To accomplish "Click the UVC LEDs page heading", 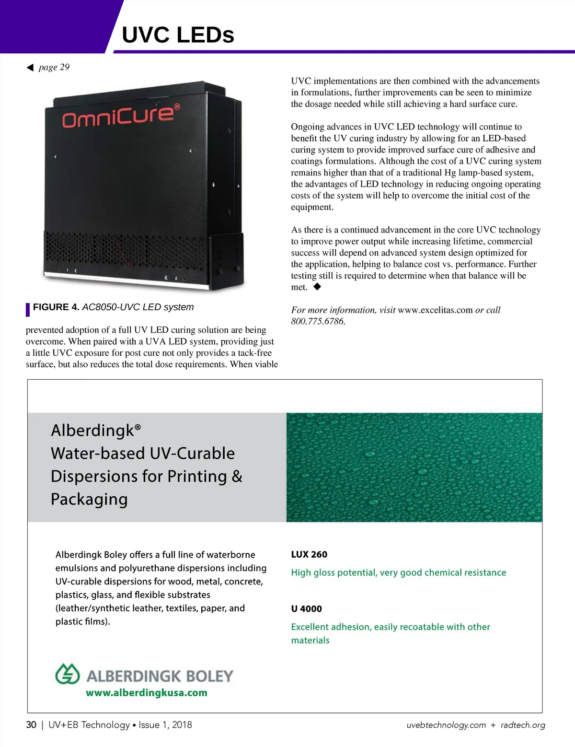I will tap(178, 35).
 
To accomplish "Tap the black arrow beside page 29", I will tap(30, 68).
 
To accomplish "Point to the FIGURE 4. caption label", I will tap(56, 307).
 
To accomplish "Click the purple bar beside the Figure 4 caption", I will tap(28, 310).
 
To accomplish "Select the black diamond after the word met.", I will tap(317, 287).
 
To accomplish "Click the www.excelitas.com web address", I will tap(435, 310).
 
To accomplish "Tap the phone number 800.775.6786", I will tap(318, 322).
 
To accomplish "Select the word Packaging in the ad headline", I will tap(90, 499).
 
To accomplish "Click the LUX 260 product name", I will tap(309, 555).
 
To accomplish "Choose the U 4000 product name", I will tap(306, 609).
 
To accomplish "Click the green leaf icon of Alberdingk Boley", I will tap(67, 674).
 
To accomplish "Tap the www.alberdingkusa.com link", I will tap(147, 693).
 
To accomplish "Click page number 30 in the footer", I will tap(31, 725).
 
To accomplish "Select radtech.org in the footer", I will tap(523, 725).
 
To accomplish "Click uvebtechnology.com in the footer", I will tap(446, 725).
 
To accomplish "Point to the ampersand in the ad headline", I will tap(237, 477).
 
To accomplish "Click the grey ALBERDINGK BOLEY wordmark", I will tap(160, 676).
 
